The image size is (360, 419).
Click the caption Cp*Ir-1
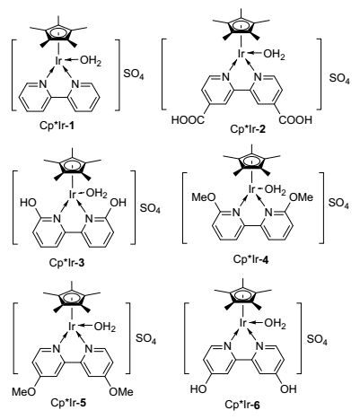(x=57, y=126)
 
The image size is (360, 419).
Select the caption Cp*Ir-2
(x=248, y=129)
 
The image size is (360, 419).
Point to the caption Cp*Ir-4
(x=250, y=259)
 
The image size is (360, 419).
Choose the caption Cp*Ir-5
(x=68, y=403)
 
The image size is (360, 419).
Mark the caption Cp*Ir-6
(x=242, y=405)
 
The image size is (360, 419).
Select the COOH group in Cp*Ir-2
(x=295, y=119)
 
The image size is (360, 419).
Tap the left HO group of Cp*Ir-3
(x=28, y=203)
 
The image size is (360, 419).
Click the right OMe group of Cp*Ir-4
(x=302, y=197)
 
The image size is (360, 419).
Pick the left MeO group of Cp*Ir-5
(x=24, y=391)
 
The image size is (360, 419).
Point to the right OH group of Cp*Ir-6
(x=288, y=389)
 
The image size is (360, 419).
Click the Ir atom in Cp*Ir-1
(x=58, y=61)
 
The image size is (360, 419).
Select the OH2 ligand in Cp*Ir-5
(x=105, y=327)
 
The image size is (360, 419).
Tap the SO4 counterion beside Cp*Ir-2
(x=339, y=78)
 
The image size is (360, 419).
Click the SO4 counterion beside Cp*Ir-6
(x=317, y=339)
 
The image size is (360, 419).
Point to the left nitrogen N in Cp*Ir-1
(x=43, y=84)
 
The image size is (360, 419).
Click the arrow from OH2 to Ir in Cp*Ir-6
(x=255, y=323)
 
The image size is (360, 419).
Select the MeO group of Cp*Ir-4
(x=204, y=197)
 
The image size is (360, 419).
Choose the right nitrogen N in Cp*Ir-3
(x=90, y=219)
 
